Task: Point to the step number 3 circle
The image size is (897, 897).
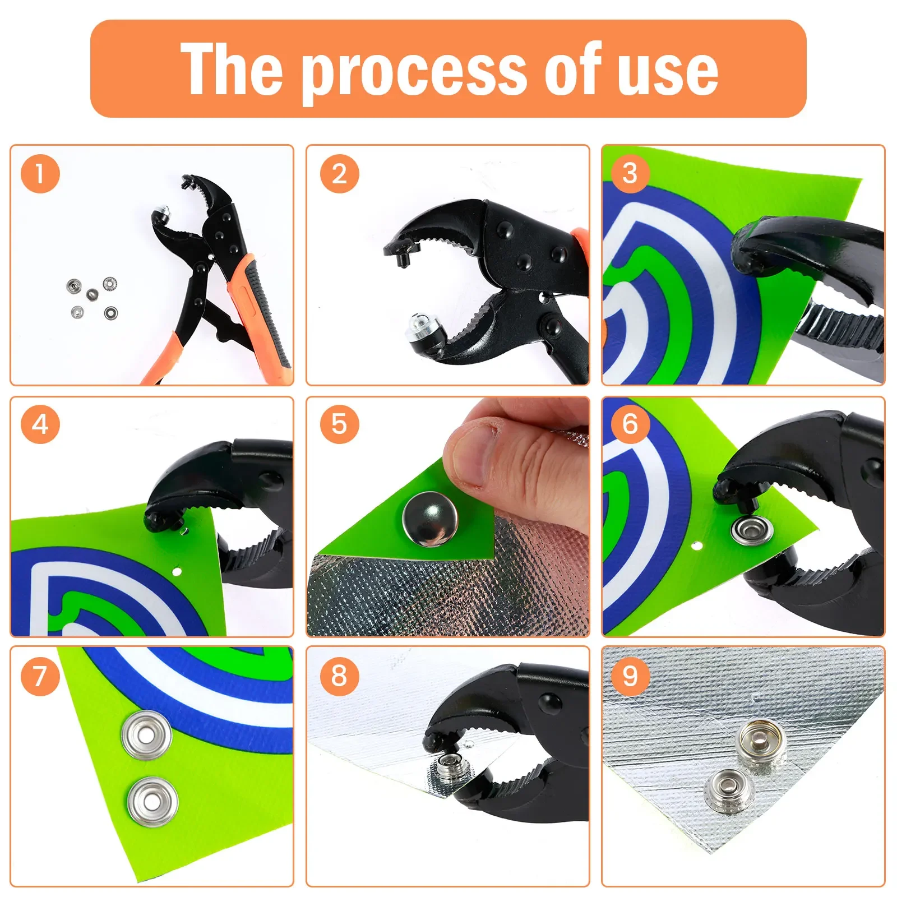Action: (x=630, y=173)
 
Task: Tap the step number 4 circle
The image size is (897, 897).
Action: (x=40, y=424)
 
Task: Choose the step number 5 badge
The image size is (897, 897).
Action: (x=339, y=424)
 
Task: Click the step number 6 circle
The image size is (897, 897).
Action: (x=630, y=424)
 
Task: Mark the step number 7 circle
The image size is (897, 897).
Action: (x=40, y=676)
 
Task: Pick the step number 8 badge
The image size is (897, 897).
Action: (x=339, y=676)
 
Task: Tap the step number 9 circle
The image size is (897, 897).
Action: (x=630, y=676)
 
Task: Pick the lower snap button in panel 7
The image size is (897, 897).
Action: (x=152, y=802)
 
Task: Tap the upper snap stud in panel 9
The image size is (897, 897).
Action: (x=761, y=741)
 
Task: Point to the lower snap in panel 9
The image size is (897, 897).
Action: (x=729, y=787)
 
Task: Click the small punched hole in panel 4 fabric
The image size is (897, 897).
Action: (x=177, y=571)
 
